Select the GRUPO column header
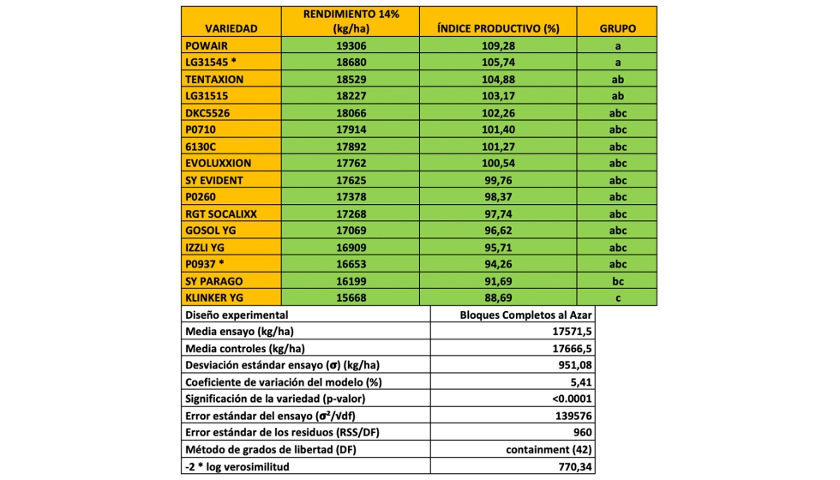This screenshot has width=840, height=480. click(617, 28)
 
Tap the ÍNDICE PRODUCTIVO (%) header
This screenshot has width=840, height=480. click(497, 28)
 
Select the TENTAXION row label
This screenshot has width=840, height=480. click(214, 79)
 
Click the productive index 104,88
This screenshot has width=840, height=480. click(497, 79)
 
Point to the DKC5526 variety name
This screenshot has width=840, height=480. click(208, 112)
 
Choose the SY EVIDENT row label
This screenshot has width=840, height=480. click(214, 180)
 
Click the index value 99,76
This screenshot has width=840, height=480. click(497, 180)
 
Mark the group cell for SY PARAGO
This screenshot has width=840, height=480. click(617, 281)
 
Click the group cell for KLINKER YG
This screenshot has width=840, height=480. click(617, 297)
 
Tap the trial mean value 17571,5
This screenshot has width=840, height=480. click(570, 331)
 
